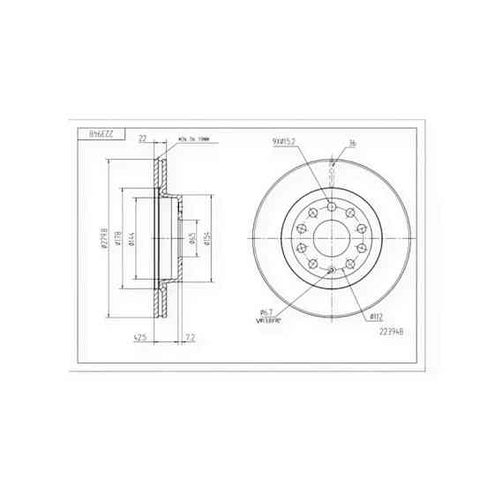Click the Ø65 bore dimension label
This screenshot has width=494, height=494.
point(191,238)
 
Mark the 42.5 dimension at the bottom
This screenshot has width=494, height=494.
point(139,336)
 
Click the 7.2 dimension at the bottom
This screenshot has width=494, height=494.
point(191,336)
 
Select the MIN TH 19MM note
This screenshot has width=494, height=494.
point(195,139)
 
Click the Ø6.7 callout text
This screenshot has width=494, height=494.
point(266,311)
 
